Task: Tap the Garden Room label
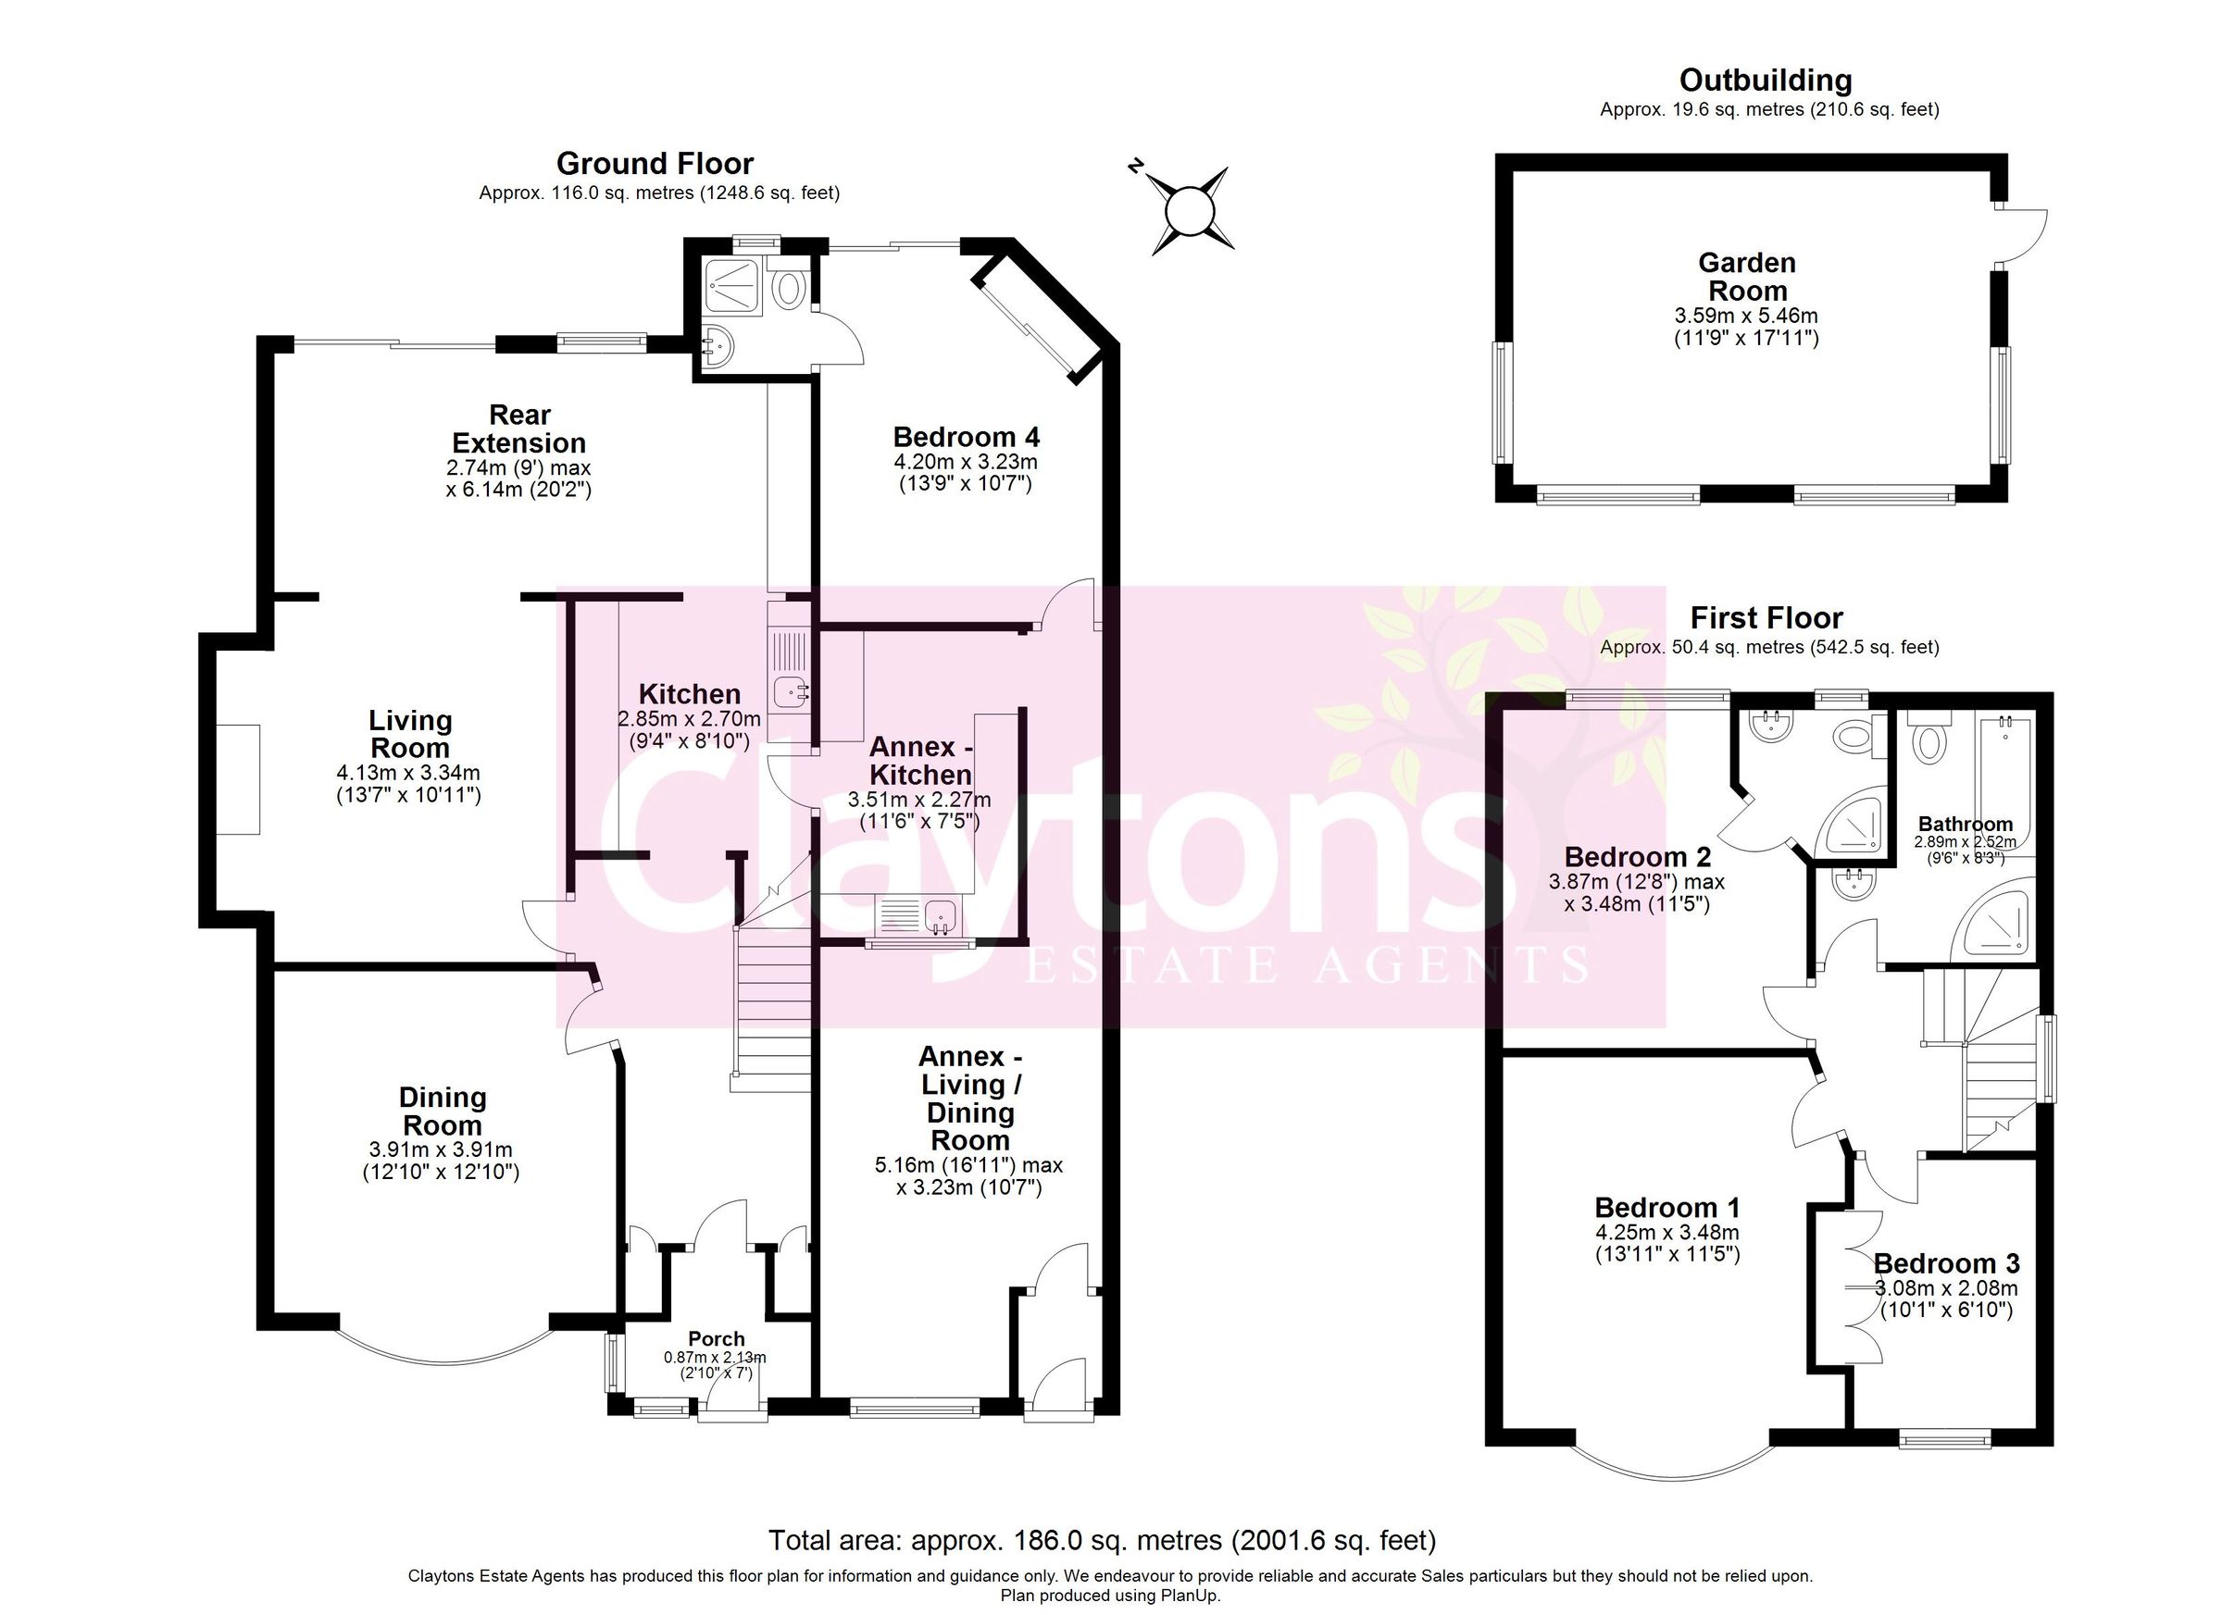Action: pos(1747,277)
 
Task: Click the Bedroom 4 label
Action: pos(966,436)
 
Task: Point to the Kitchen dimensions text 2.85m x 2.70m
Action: pos(689,719)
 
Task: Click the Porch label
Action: pos(717,1339)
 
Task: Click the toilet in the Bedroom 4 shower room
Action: pos(789,290)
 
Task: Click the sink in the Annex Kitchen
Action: pos(942,916)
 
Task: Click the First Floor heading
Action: pos(1766,618)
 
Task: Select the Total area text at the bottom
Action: pos(1102,1541)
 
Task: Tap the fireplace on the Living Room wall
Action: pos(238,779)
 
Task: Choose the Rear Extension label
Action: pos(519,429)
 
